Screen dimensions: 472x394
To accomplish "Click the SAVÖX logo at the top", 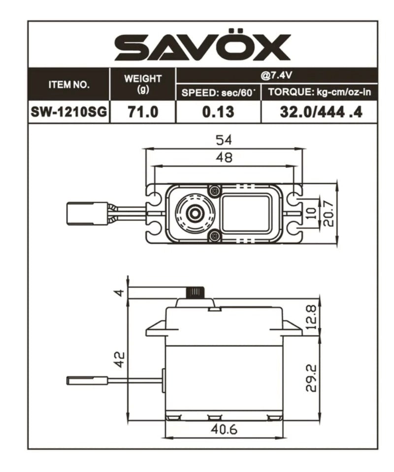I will pos(202,48).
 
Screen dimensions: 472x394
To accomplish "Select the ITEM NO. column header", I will pos(69,84).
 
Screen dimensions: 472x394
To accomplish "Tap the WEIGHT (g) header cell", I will pos(143,84).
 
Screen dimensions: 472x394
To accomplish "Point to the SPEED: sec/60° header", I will pos(218,93).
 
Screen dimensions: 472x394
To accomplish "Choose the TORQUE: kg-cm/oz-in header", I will pos(319,93).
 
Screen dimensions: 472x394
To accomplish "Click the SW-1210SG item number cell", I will pos(69,112).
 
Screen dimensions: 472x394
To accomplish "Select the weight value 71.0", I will pos(143,112).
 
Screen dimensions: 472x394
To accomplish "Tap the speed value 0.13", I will pos(218,112).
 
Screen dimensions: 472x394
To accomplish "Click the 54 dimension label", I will pos(224,140).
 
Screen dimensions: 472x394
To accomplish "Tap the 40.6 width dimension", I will pos(224,430).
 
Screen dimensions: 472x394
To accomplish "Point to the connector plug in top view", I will pos(87,214).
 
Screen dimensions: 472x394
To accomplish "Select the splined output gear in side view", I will pos(195,292).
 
